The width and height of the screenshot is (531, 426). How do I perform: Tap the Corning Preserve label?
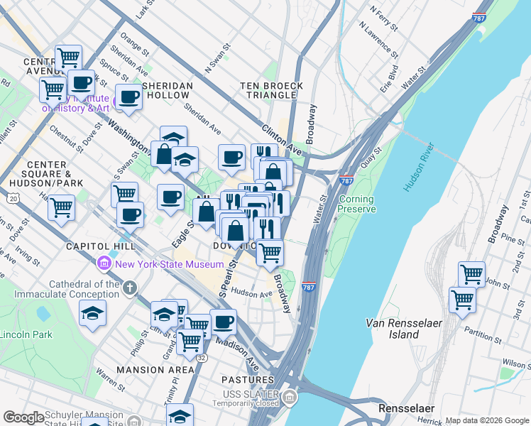click(355, 204)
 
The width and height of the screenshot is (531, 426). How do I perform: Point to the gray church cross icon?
click(128, 288)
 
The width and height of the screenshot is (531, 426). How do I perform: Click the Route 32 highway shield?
click(202, 359)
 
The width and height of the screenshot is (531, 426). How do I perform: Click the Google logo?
click(24, 417)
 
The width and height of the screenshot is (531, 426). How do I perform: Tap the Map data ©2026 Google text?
click(487, 420)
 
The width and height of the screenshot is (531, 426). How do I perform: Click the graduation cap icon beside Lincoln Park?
click(92, 312)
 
